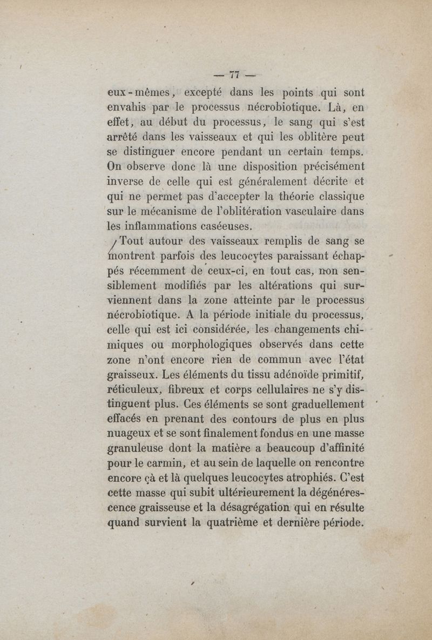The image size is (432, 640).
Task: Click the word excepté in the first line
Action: pyautogui.click(x=207, y=92)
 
